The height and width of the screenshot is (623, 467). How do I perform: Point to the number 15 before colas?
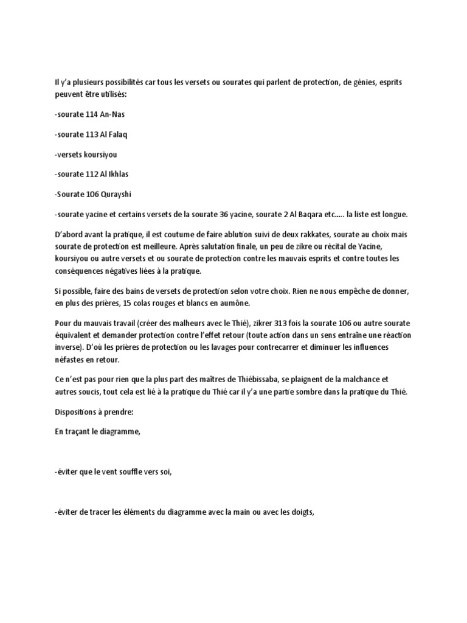[x=156, y=302]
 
